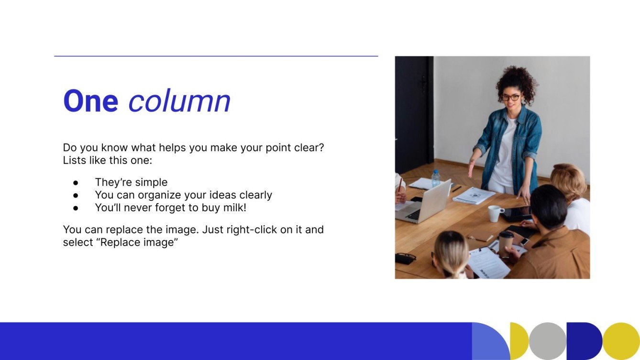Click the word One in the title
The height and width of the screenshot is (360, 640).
[x=90, y=101]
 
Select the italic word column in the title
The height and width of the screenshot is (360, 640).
[x=179, y=101]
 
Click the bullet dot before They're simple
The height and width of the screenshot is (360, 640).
[x=76, y=182]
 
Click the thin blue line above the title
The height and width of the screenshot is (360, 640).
[x=216, y=56]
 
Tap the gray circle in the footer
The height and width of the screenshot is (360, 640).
[x=547, y=341]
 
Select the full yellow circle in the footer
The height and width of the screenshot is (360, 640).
[x=620, y=341]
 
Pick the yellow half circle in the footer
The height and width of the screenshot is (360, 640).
[x=519, y=341]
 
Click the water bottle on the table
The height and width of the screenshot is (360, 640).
[x=436, y=178]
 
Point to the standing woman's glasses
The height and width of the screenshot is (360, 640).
[x=511, y=97]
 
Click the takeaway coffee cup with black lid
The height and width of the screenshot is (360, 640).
[x=506, y=241]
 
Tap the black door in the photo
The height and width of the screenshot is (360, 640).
[x=414, y=115]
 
